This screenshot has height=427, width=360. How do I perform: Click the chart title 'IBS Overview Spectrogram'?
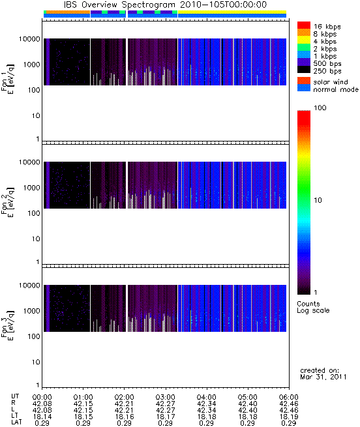(x=119, y=5)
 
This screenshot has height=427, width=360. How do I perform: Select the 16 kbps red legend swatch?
(x=304, y=25)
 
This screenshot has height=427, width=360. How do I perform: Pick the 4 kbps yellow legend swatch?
(x=304, y=40)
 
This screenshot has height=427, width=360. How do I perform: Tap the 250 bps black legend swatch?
(x=304, y=70)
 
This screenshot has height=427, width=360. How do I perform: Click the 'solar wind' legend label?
(x=331, y=82)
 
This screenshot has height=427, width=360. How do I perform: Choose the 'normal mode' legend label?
(x=336, y=89)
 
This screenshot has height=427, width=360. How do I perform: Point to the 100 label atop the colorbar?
(x=320, y=108)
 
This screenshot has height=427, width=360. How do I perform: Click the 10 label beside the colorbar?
(x=318, y=200)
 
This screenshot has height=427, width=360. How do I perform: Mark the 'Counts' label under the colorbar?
(x=308, y=304)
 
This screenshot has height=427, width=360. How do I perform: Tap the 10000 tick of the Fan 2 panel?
(x=29, y=162)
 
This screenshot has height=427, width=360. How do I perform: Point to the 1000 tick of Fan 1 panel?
(x=31, y=65)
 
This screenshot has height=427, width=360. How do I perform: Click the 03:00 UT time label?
(x=165, y=397)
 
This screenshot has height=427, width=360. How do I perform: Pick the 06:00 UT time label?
(x=289, y=397)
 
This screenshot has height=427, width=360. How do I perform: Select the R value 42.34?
(x=206, y=404)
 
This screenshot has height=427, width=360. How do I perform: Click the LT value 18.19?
(x=289, y=417)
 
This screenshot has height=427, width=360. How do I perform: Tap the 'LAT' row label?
(x=16, y=422)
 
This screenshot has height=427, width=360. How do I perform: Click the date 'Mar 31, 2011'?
(x=323, y=377)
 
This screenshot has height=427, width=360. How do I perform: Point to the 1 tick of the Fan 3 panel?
(x=38, y=385)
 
